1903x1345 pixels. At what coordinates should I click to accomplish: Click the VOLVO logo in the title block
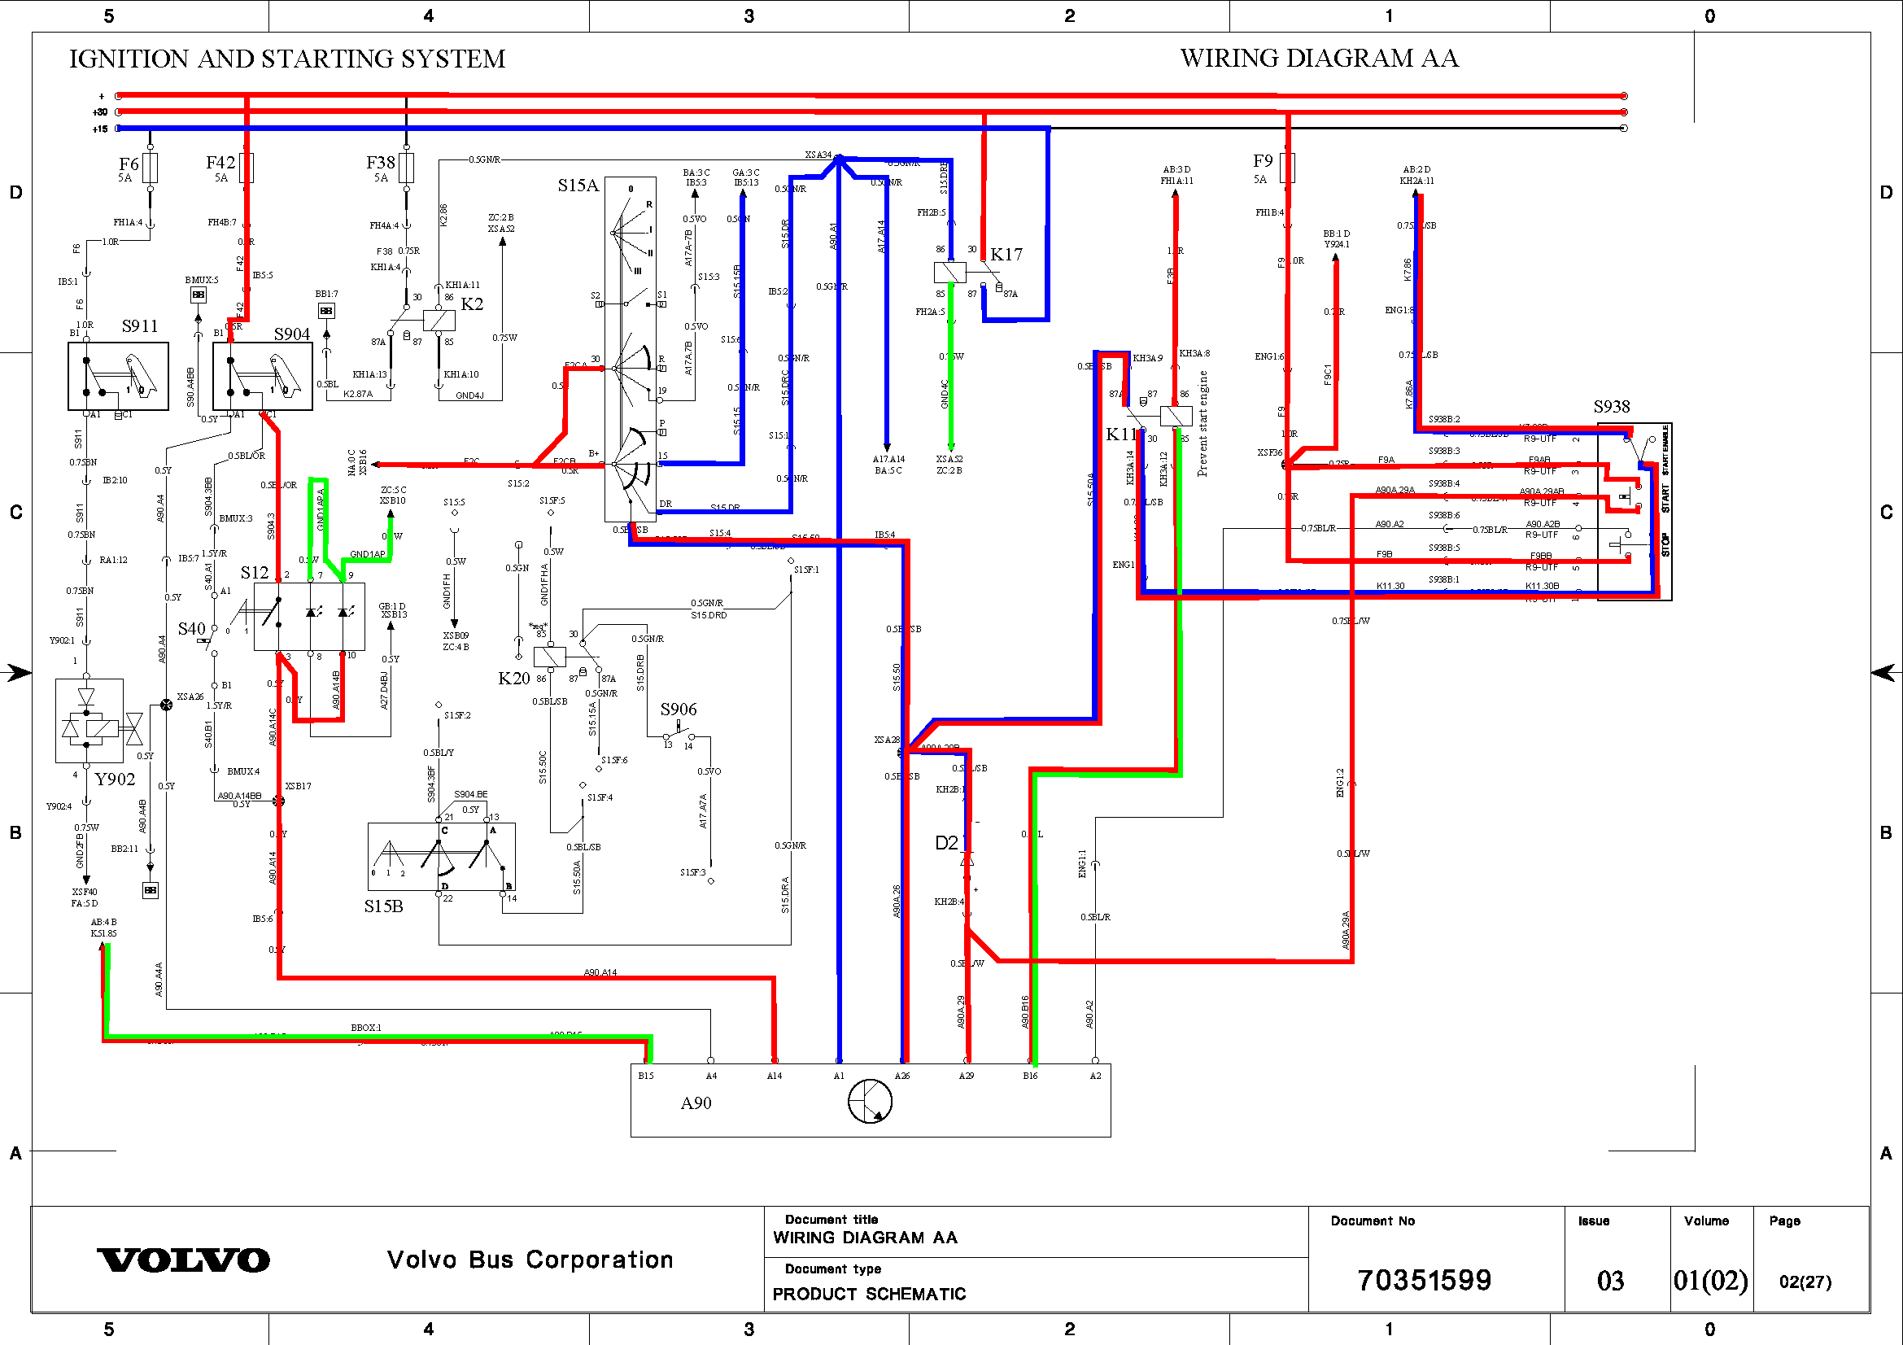(x=183, y=1260)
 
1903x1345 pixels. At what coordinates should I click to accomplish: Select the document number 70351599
(x=1424, y=1281)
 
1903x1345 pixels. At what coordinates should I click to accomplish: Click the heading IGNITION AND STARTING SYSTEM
(x=286, y=59)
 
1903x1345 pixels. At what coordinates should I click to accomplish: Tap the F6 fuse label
(x=129, y=164)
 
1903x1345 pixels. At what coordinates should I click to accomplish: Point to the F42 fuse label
(x=220, y=163)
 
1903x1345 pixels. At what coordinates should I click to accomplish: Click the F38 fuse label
(x=381, y=163)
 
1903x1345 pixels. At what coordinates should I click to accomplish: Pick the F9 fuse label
(x=1263, y=161)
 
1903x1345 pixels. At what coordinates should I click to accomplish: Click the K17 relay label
(x=1006, y=255)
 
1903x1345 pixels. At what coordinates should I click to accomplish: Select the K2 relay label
(x=472, y=304)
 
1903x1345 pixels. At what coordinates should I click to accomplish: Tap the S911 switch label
(x=139, y=326)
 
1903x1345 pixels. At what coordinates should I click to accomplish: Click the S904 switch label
(x=292, y=334)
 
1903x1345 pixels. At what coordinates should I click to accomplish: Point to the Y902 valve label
(x=115, y=779)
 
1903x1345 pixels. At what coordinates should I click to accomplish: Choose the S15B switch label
(x=384, y=906)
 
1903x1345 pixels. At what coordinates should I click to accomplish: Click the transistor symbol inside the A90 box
(x=871, y=1103)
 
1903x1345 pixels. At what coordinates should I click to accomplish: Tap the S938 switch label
(x=1611, y=406)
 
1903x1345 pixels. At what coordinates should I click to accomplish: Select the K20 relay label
(x=514, y=678)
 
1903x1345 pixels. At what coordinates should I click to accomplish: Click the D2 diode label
(x=946, y=843)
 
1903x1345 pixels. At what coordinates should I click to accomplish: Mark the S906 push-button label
(x=678, y=710)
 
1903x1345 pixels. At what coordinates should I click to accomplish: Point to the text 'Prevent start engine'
(x=1202, y=423)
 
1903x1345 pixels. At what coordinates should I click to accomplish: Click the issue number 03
(x=1610, y=1282)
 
